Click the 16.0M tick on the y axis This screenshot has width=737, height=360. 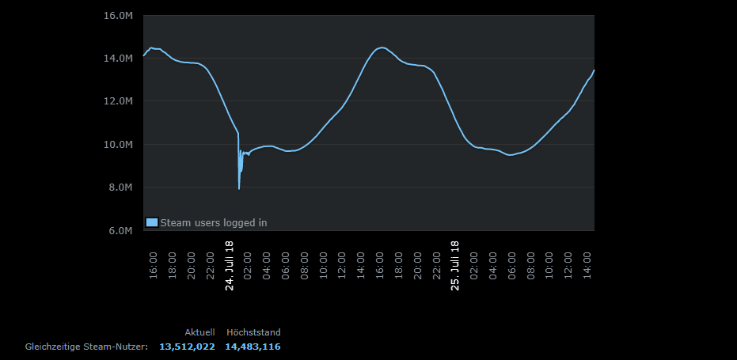pos(119,16)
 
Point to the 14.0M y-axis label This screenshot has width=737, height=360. pos(119,59)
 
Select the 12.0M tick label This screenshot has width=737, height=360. pos(119,101)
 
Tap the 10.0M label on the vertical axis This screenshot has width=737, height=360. pos(119,145)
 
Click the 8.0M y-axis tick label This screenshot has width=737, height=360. pos(121,188)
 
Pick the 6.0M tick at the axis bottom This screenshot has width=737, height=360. pos(121,230)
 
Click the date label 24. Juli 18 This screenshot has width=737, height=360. pos(230,267)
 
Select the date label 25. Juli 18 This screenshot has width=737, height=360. pos(455,267)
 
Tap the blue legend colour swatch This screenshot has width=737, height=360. pos(152,222)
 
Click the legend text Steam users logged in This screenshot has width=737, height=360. pos(214,223)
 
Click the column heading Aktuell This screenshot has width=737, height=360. pos(199,332)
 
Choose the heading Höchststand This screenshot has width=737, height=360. pos(253,332)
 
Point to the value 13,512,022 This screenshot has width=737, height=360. pos(187,347)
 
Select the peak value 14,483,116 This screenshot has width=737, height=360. pos(253,347)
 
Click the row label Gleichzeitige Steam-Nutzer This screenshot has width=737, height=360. pos(87,347)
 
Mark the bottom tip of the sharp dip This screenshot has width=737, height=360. pos(239,188)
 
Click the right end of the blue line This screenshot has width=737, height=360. pos(594,70)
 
